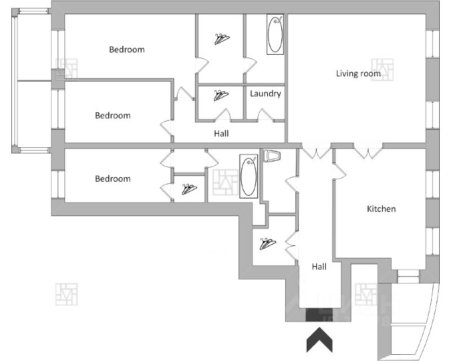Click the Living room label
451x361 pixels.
pos(358,73)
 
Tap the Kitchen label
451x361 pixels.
pos(381,209)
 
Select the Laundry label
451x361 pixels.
pos(265,94)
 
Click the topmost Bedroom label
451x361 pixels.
pos(126,50)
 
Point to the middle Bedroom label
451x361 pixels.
pos(112,116)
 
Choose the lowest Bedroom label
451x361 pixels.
pos(112,179)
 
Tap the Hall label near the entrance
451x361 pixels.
pos(319,267)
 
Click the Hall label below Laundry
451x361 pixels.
pos(221,134)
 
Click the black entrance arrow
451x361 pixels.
pos(319,341)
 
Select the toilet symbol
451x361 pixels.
pos(272,155)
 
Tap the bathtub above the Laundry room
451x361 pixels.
pos(275,35)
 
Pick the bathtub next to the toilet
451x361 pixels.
pos(249,175)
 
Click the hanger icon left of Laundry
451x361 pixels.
pos(221,95)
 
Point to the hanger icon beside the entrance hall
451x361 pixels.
pos(267,244)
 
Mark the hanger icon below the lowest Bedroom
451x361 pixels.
pos(189,190)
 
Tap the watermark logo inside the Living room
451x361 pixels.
pos(383,69)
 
